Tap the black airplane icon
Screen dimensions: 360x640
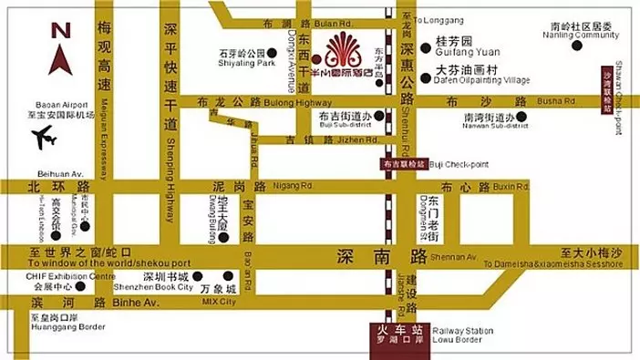click(x=44, y=139)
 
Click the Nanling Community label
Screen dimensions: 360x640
click(x=575, y=38)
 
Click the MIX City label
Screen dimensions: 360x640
click(x=218, y=302)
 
